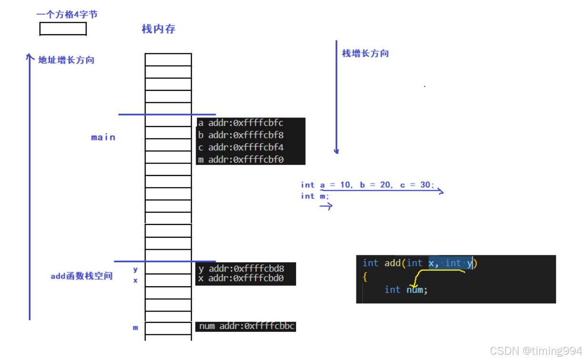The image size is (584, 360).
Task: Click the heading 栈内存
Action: [x=158, y=29]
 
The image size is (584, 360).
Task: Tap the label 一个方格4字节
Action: [x=67, y=15]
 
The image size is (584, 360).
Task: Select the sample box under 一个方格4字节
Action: [x=63, y=29]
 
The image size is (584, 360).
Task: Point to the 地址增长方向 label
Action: [x=66, y=60]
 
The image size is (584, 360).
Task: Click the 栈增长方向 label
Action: [x=365, y=53]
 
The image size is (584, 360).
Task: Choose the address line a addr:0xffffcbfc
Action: [x=241, y=123]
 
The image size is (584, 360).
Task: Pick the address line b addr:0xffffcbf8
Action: [x=241, y=135]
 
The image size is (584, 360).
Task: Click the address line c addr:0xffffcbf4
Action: [x=241, y=147]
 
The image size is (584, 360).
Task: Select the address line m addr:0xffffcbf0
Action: [x=241, y=160]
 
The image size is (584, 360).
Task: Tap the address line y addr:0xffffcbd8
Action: [x=241, y=269]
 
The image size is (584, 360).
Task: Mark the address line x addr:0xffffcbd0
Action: [x=241, y=278]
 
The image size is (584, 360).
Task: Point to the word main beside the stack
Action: [x=103, y=137]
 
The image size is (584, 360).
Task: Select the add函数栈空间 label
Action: [x=81, y=276]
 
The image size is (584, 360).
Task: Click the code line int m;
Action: [x=315, y=196]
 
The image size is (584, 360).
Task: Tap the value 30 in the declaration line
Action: [x=425, y=185]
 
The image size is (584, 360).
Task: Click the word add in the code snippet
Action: [x=393, y=263]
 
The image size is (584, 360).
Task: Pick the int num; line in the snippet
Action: [x=406, y=290]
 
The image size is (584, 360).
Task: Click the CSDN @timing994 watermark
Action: [x=536, y=351]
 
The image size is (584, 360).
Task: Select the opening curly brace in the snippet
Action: [x=365, y=276]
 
